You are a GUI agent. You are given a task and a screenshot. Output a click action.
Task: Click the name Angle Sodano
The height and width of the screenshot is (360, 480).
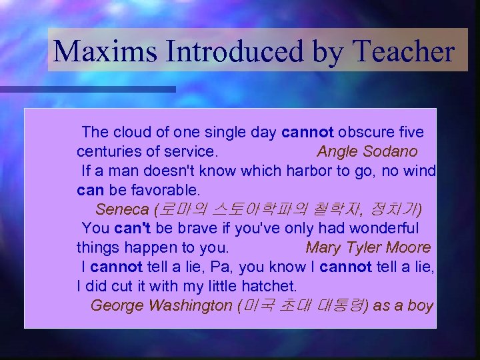[x=367, y=151]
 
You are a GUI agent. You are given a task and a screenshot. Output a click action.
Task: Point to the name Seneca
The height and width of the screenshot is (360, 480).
[x=122, y=209]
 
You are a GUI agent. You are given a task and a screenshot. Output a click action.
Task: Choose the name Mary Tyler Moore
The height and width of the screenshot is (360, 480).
[x=368, y=247]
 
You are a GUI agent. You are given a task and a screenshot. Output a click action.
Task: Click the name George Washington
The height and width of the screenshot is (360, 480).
[x=161, y=305]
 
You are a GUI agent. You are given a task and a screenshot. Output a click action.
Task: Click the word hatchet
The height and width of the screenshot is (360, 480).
[x=271, y=286]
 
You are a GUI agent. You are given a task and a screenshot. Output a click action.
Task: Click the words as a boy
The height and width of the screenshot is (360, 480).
[x=403, y=305]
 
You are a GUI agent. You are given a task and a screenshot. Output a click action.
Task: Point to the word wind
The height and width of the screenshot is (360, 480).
[x=419, y=171]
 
